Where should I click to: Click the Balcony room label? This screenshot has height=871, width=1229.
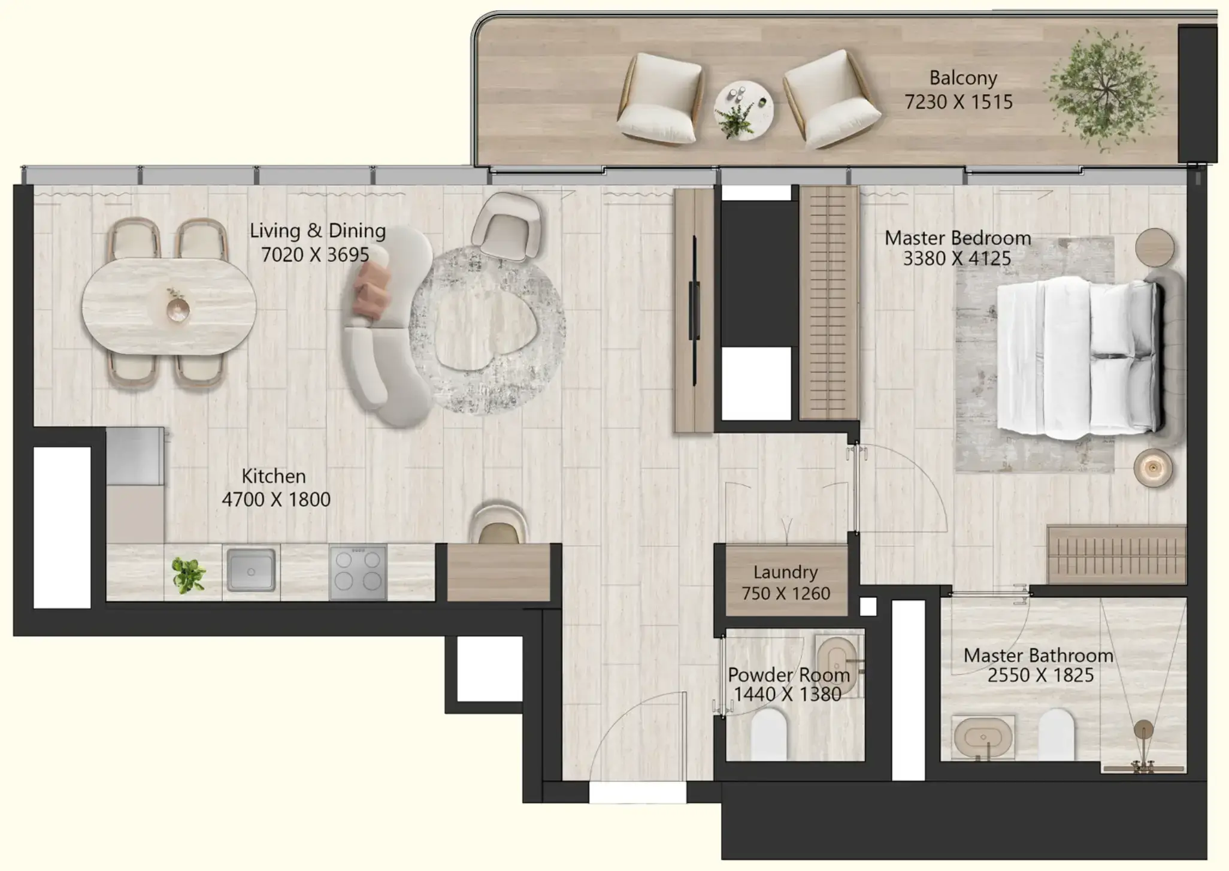[x=963, y=78]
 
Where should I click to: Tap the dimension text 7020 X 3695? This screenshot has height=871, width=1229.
[x=315, y=255]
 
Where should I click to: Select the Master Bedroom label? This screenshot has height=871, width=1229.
[x=958, y=238]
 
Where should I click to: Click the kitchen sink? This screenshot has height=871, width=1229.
[x=251, y=571]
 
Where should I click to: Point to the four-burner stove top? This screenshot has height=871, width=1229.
[x=358, y=571]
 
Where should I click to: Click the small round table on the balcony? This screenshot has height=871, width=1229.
[x=743, y=110]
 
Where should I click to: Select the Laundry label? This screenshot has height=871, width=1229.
[x=785, y=572]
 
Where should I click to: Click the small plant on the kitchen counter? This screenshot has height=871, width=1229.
[x=189, y=575]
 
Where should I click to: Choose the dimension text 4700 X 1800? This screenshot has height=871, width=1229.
[x=276, y=500]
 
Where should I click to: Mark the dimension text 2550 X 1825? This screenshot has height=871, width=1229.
[x=1040, y=676]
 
